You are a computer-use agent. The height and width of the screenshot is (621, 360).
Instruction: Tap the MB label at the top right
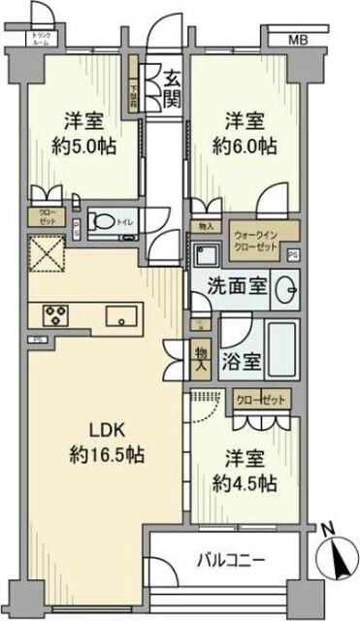[298, 39]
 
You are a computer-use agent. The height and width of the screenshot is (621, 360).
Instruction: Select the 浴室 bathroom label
[237, 362]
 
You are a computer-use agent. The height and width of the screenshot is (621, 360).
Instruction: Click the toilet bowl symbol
[103, 222]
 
